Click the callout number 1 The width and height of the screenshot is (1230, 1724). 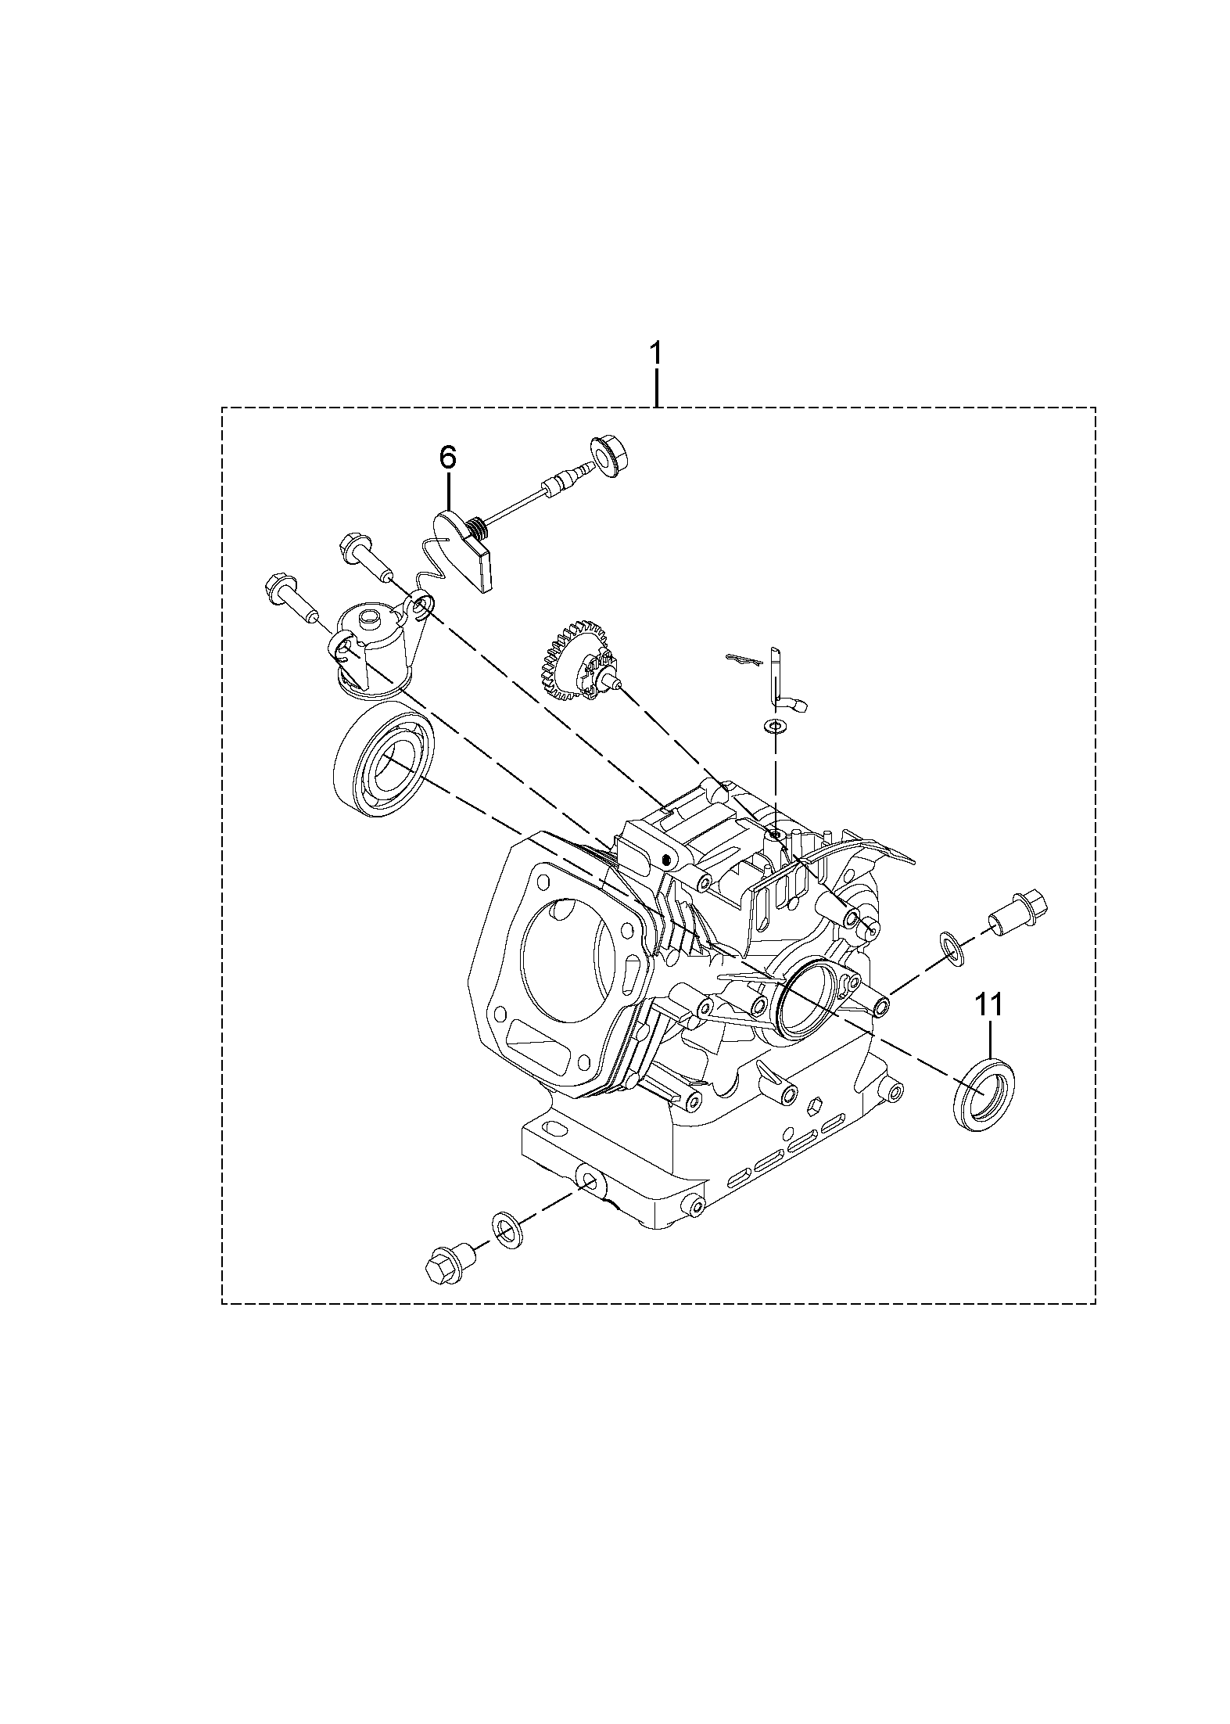655,354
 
